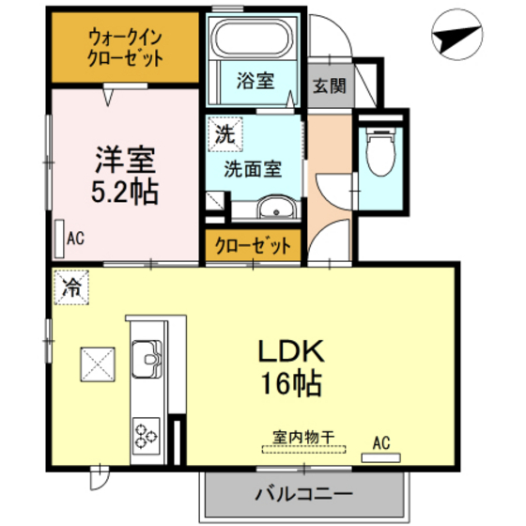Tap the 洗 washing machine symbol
(224, 133)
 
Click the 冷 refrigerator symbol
(71, 287)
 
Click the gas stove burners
(147, 433)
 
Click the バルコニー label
(302, 494)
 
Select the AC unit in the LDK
(381, 458)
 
